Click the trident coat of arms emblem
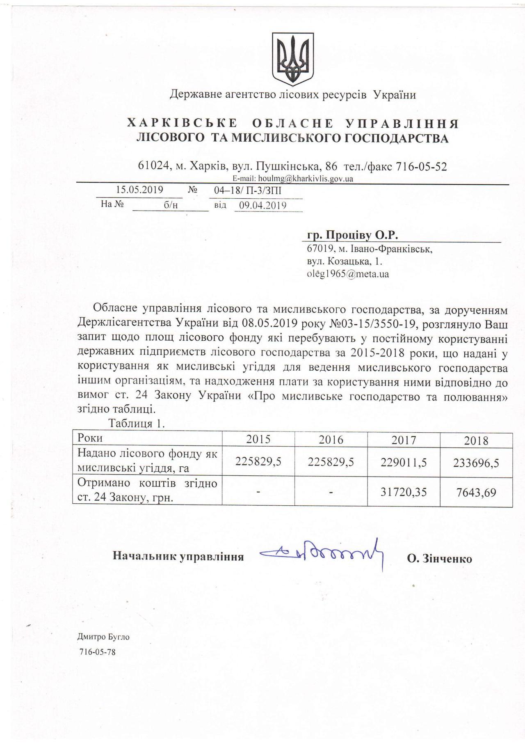(293, 57)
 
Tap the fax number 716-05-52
(421, 166)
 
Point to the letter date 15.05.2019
(140, 190)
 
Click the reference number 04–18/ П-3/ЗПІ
(248, 191)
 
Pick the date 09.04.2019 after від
(263, 205)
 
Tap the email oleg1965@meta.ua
(348, 274)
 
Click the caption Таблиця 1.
(137, 424)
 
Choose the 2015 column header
(258, 440)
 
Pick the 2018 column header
(476, 441)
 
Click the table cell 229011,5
(404, 463)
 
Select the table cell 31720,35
(404, 491)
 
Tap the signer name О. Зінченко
(439, 559)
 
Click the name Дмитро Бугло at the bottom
(103, 637)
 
